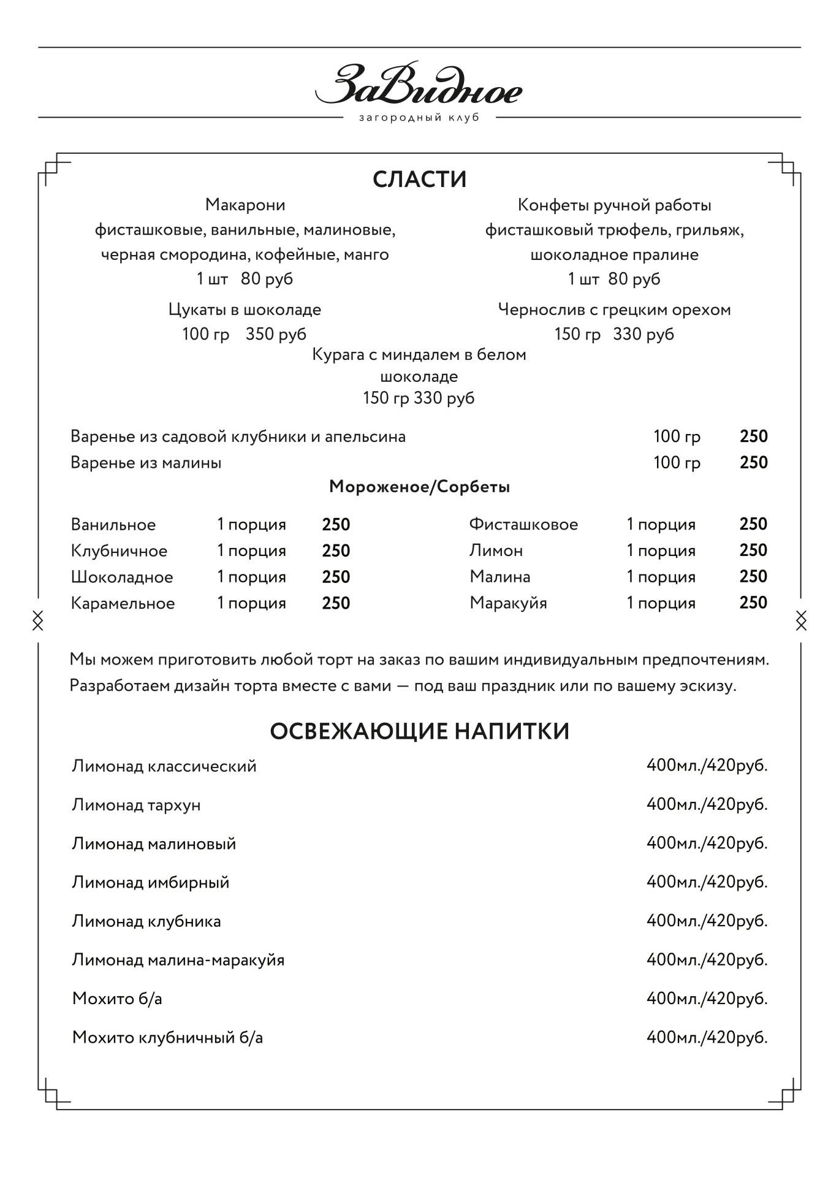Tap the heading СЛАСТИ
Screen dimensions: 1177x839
coord(420,179)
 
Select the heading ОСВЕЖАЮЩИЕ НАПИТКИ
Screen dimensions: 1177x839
coord(420,731)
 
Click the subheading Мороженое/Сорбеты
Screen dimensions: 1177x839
coord(420,487)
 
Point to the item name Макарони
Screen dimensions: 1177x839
coord(245,205)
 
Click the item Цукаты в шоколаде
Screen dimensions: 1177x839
coord(245,310)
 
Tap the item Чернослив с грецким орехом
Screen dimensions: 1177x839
coord(614,310)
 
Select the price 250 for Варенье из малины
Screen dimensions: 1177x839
coord(753,462)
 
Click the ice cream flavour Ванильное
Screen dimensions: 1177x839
coord(113,525)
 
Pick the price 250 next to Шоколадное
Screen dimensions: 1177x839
coord(336,577)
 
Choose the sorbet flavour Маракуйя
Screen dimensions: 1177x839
coord(508,603)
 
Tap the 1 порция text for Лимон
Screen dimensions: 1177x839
coord(661,550)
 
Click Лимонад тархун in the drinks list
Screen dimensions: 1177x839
coord(136,805)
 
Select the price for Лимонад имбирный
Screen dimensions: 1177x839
coord(707,882)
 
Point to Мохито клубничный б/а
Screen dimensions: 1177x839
coord(167,1037)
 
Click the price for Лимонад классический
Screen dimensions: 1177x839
coord(707,766)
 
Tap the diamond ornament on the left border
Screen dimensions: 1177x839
coord(38,620)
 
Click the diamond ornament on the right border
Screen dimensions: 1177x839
coord(801,620)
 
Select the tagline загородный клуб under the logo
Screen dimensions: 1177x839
coord(419,118)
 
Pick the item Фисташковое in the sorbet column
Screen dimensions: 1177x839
coord(523,525)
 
